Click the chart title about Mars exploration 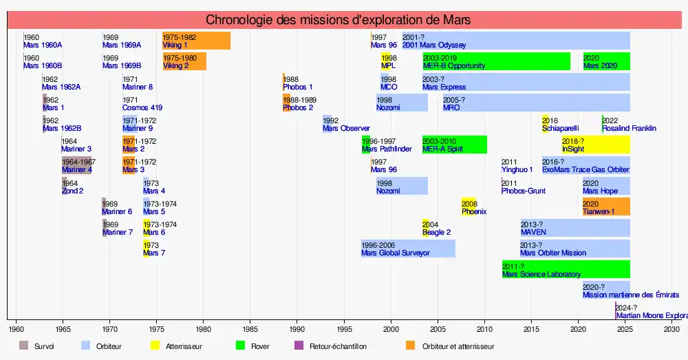(338, 20)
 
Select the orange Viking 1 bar (196, 41)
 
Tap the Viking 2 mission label (176, 66)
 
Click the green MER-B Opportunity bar (496, 61)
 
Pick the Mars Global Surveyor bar (408, 248)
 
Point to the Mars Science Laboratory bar (566, 269)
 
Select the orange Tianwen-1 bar (606, 207)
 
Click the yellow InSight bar (595, 145)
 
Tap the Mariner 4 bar (76, 165)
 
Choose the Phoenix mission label (474, 212)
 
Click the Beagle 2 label (436, 233)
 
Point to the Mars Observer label (346, 129)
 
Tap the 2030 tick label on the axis (671, 330)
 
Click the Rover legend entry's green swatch (240, 346)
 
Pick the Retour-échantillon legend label (338, 346)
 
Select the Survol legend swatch (23, 346)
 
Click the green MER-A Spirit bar (454, 145)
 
